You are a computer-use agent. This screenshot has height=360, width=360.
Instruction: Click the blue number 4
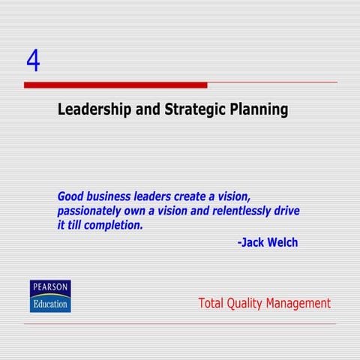point(32,61)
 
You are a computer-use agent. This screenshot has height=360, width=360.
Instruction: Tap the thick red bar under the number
point(115,85)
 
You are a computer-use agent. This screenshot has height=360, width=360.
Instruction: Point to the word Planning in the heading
point(259,110)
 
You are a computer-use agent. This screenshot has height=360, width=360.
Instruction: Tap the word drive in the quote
point(286,211)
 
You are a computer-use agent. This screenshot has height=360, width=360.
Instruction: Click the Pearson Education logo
point(50,296)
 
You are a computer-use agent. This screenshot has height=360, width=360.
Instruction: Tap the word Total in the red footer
point(212,303)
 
